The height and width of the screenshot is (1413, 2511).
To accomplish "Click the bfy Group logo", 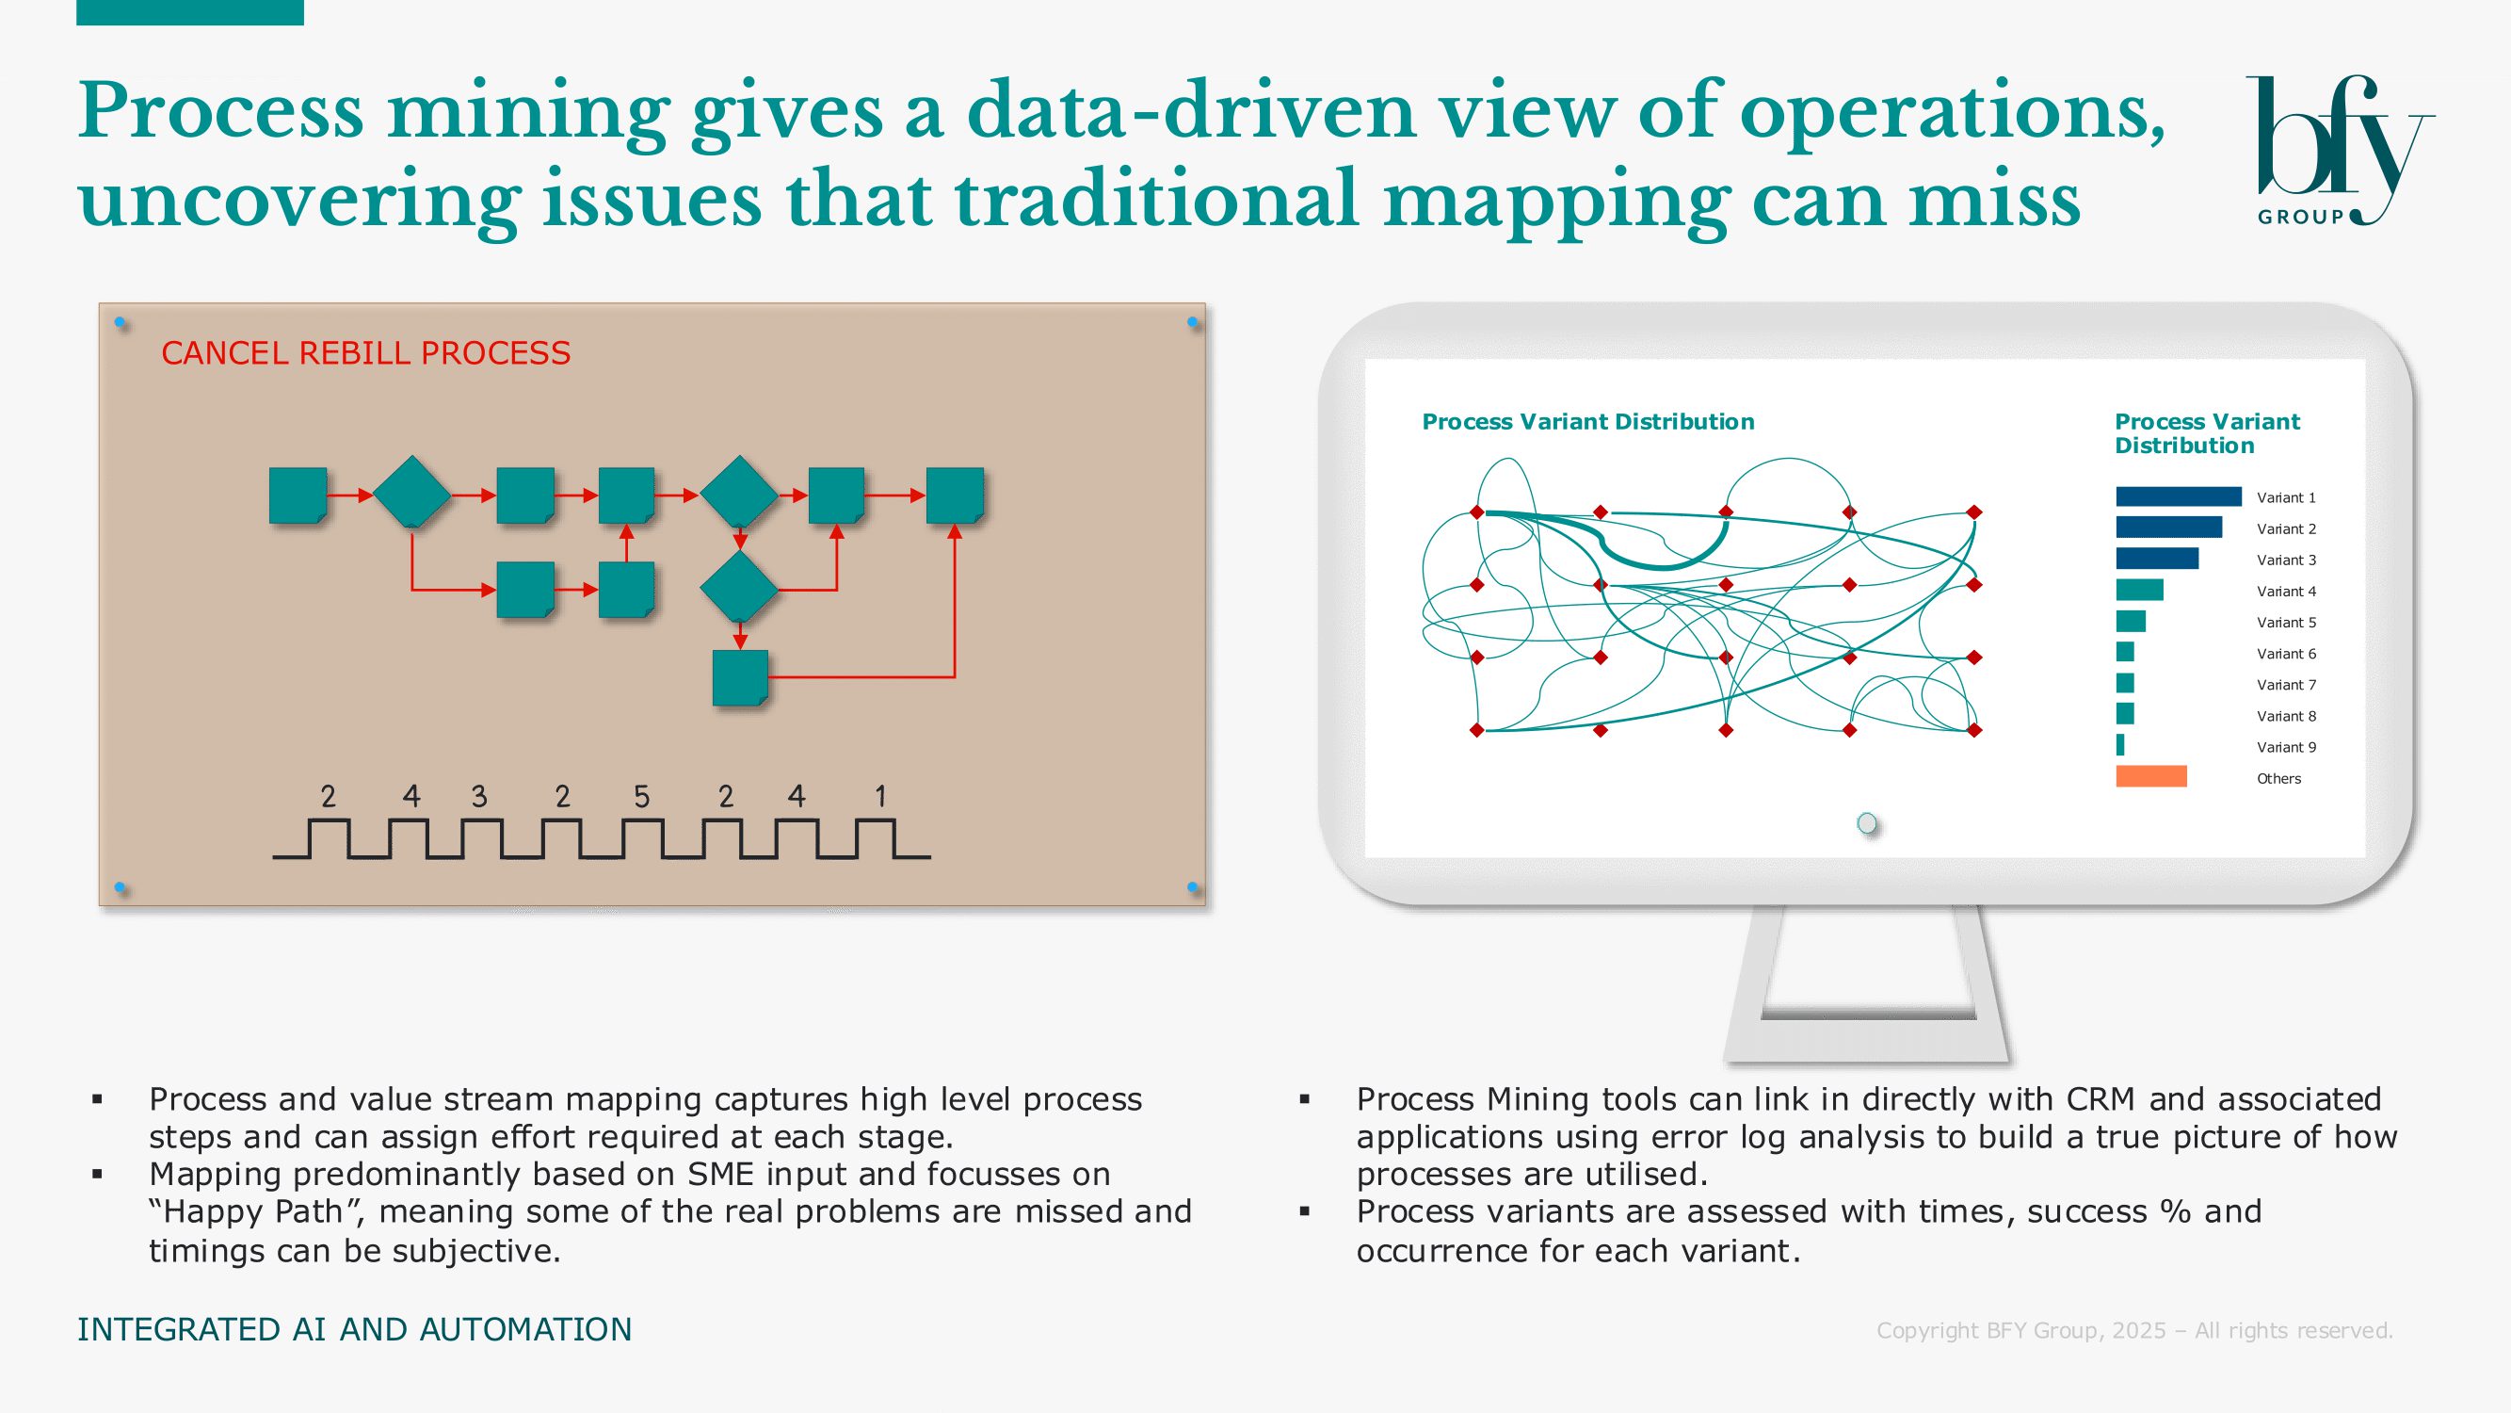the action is (x=2340, y=151).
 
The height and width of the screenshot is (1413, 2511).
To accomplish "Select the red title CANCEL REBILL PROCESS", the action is (x=365, y=353).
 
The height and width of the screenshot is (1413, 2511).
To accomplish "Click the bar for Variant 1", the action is (x=2179, y=496).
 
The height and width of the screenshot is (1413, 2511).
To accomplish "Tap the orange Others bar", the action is (x=2151, y=776).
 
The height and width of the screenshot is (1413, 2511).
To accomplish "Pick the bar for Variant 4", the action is (x=2140, y=590).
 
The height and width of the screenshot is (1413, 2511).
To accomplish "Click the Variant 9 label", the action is (x=2286, y=747).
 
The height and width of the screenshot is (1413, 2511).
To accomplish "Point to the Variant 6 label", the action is (x=2286, y=654).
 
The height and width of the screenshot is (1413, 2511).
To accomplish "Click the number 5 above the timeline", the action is (x=641, y=797).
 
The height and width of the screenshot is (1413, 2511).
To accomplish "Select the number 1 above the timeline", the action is (x=880, y=797).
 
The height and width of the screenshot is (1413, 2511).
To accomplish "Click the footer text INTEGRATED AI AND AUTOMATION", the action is (x=355, y=1329).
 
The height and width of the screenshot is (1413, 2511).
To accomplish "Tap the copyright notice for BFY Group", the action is (x=2134, y=1330).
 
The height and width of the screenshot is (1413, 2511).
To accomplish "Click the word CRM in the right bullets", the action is (x=2101, y=1099).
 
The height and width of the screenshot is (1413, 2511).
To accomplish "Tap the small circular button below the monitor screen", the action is (x=1867, y=824).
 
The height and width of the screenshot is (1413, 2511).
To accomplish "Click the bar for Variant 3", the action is (x=2157, y=559).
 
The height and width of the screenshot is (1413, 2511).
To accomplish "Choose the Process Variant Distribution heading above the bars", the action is (x=2207, y=433).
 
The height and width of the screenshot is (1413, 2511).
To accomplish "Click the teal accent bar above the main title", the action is (x=190, y=12).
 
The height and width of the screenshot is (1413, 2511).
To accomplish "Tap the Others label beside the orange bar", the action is (x=2279, y=778).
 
